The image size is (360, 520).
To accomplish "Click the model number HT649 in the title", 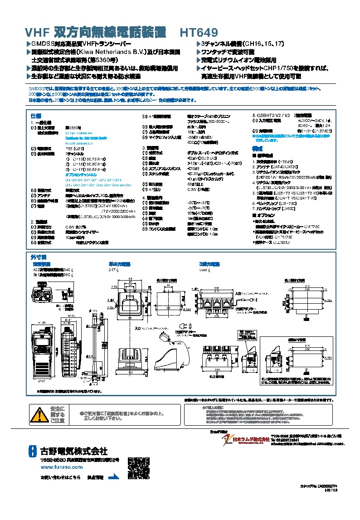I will coord(199,33).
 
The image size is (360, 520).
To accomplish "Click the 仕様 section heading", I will coord(35,116).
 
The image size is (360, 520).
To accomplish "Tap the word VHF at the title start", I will coord(36,33).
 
